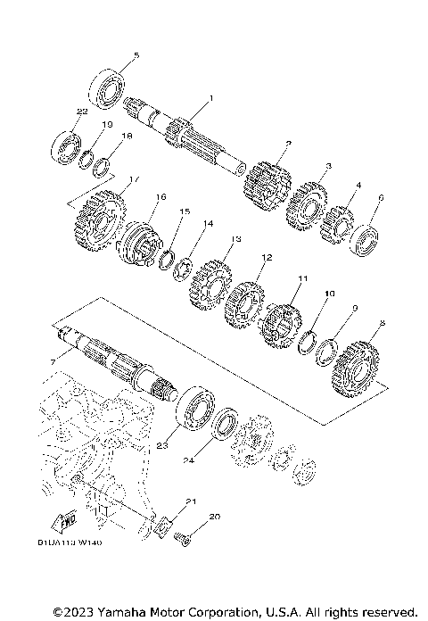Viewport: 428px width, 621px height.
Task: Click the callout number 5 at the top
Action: tap(136, 56)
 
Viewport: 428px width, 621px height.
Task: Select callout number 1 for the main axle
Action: tap(211, 98)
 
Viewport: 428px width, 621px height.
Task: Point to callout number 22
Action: tap(81, 112)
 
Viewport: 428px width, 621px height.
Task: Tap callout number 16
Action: tap(161, 196)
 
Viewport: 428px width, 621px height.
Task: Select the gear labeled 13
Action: tap(211, 280)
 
